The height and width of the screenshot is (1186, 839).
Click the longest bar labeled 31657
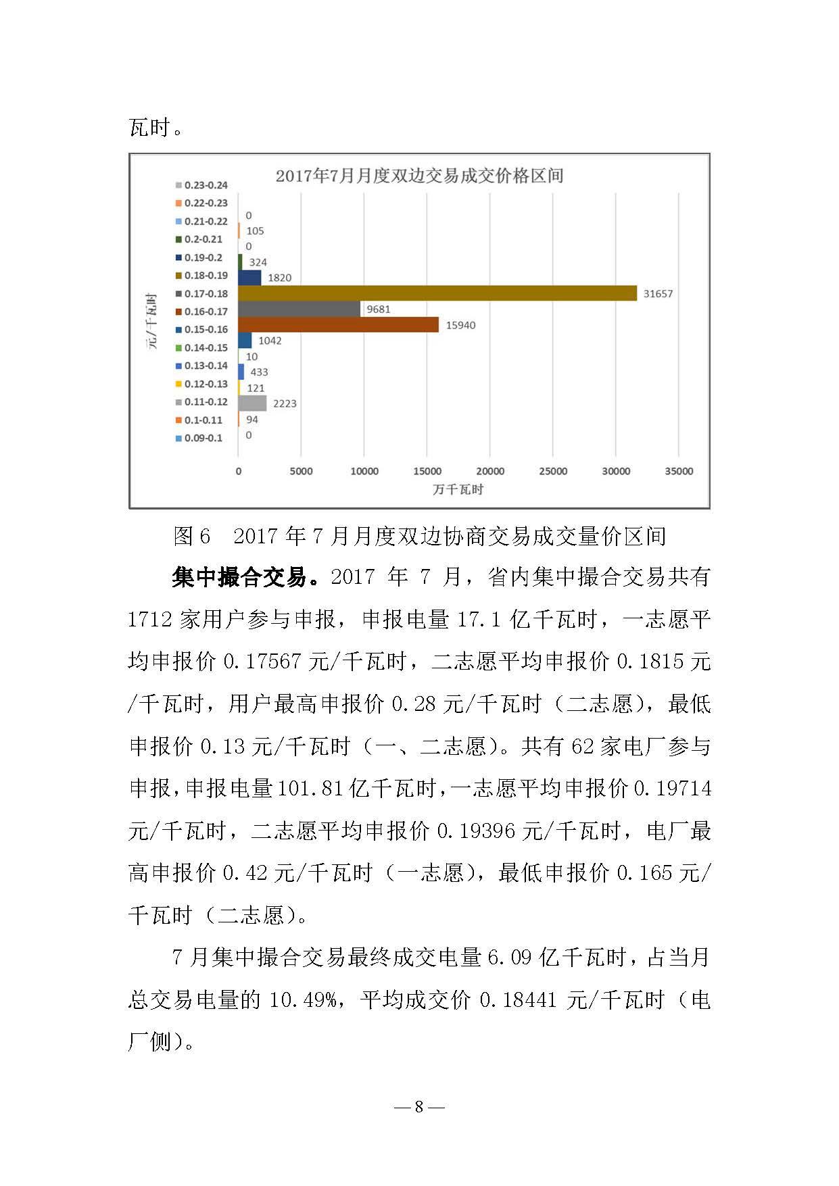click(437, 293)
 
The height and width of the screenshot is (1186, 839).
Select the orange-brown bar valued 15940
click(338, 325)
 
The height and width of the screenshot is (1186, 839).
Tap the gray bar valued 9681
click(299, 309)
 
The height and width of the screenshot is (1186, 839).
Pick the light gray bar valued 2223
click(252, 403)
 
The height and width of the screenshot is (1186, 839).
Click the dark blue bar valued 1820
click(249, 278)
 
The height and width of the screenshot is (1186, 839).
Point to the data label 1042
click(270, 341)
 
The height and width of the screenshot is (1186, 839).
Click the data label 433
click(259, 372)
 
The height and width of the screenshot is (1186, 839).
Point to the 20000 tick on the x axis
click(490, 471)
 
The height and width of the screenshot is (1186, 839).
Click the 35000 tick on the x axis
click(679, 471)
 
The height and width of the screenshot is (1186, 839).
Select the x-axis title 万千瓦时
click(458, 489)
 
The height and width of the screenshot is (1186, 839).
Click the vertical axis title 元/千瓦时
click(152, 320)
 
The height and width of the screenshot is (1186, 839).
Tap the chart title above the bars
click(419, 176)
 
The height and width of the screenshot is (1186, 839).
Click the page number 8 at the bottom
click(419, 1106)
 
